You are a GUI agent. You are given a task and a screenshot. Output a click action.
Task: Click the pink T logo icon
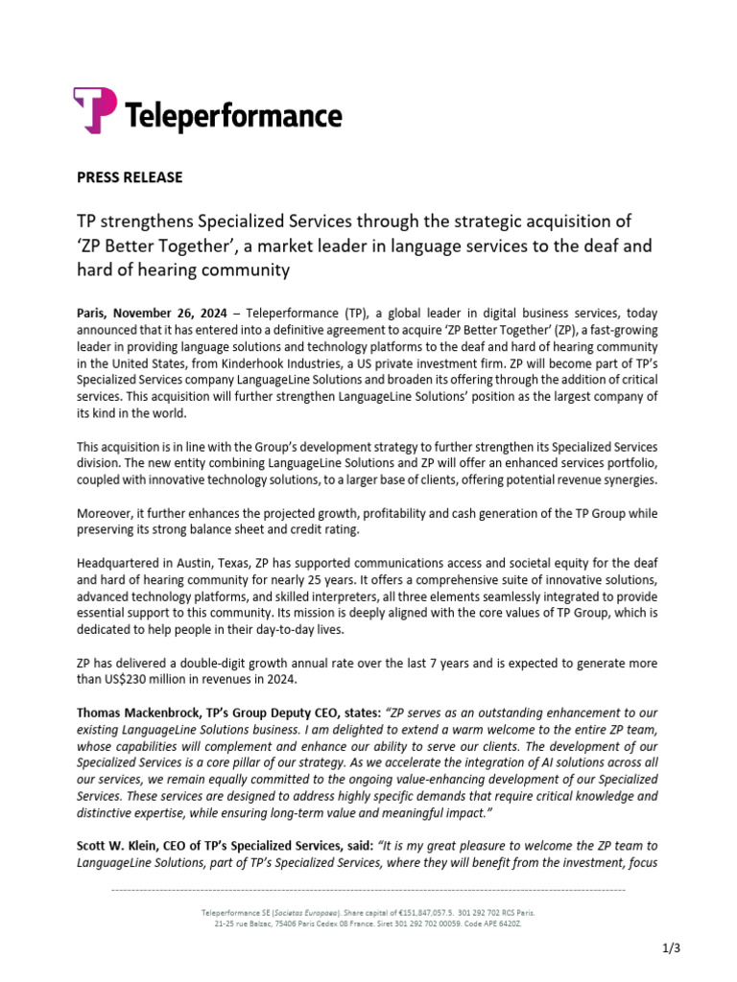[x=95, y=110]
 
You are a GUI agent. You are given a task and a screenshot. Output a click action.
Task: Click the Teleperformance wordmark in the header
[x=234, y=116]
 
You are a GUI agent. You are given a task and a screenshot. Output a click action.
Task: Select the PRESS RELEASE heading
[x=129, y=177]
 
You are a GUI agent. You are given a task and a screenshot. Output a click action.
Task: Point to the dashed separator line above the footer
[x=368, y=891]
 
